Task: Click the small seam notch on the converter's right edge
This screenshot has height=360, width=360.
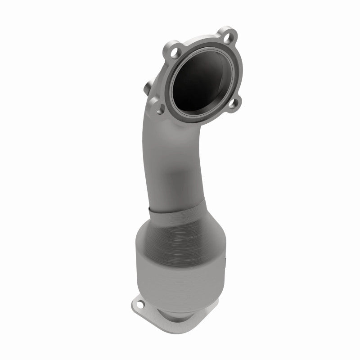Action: [x=224, y=260]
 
